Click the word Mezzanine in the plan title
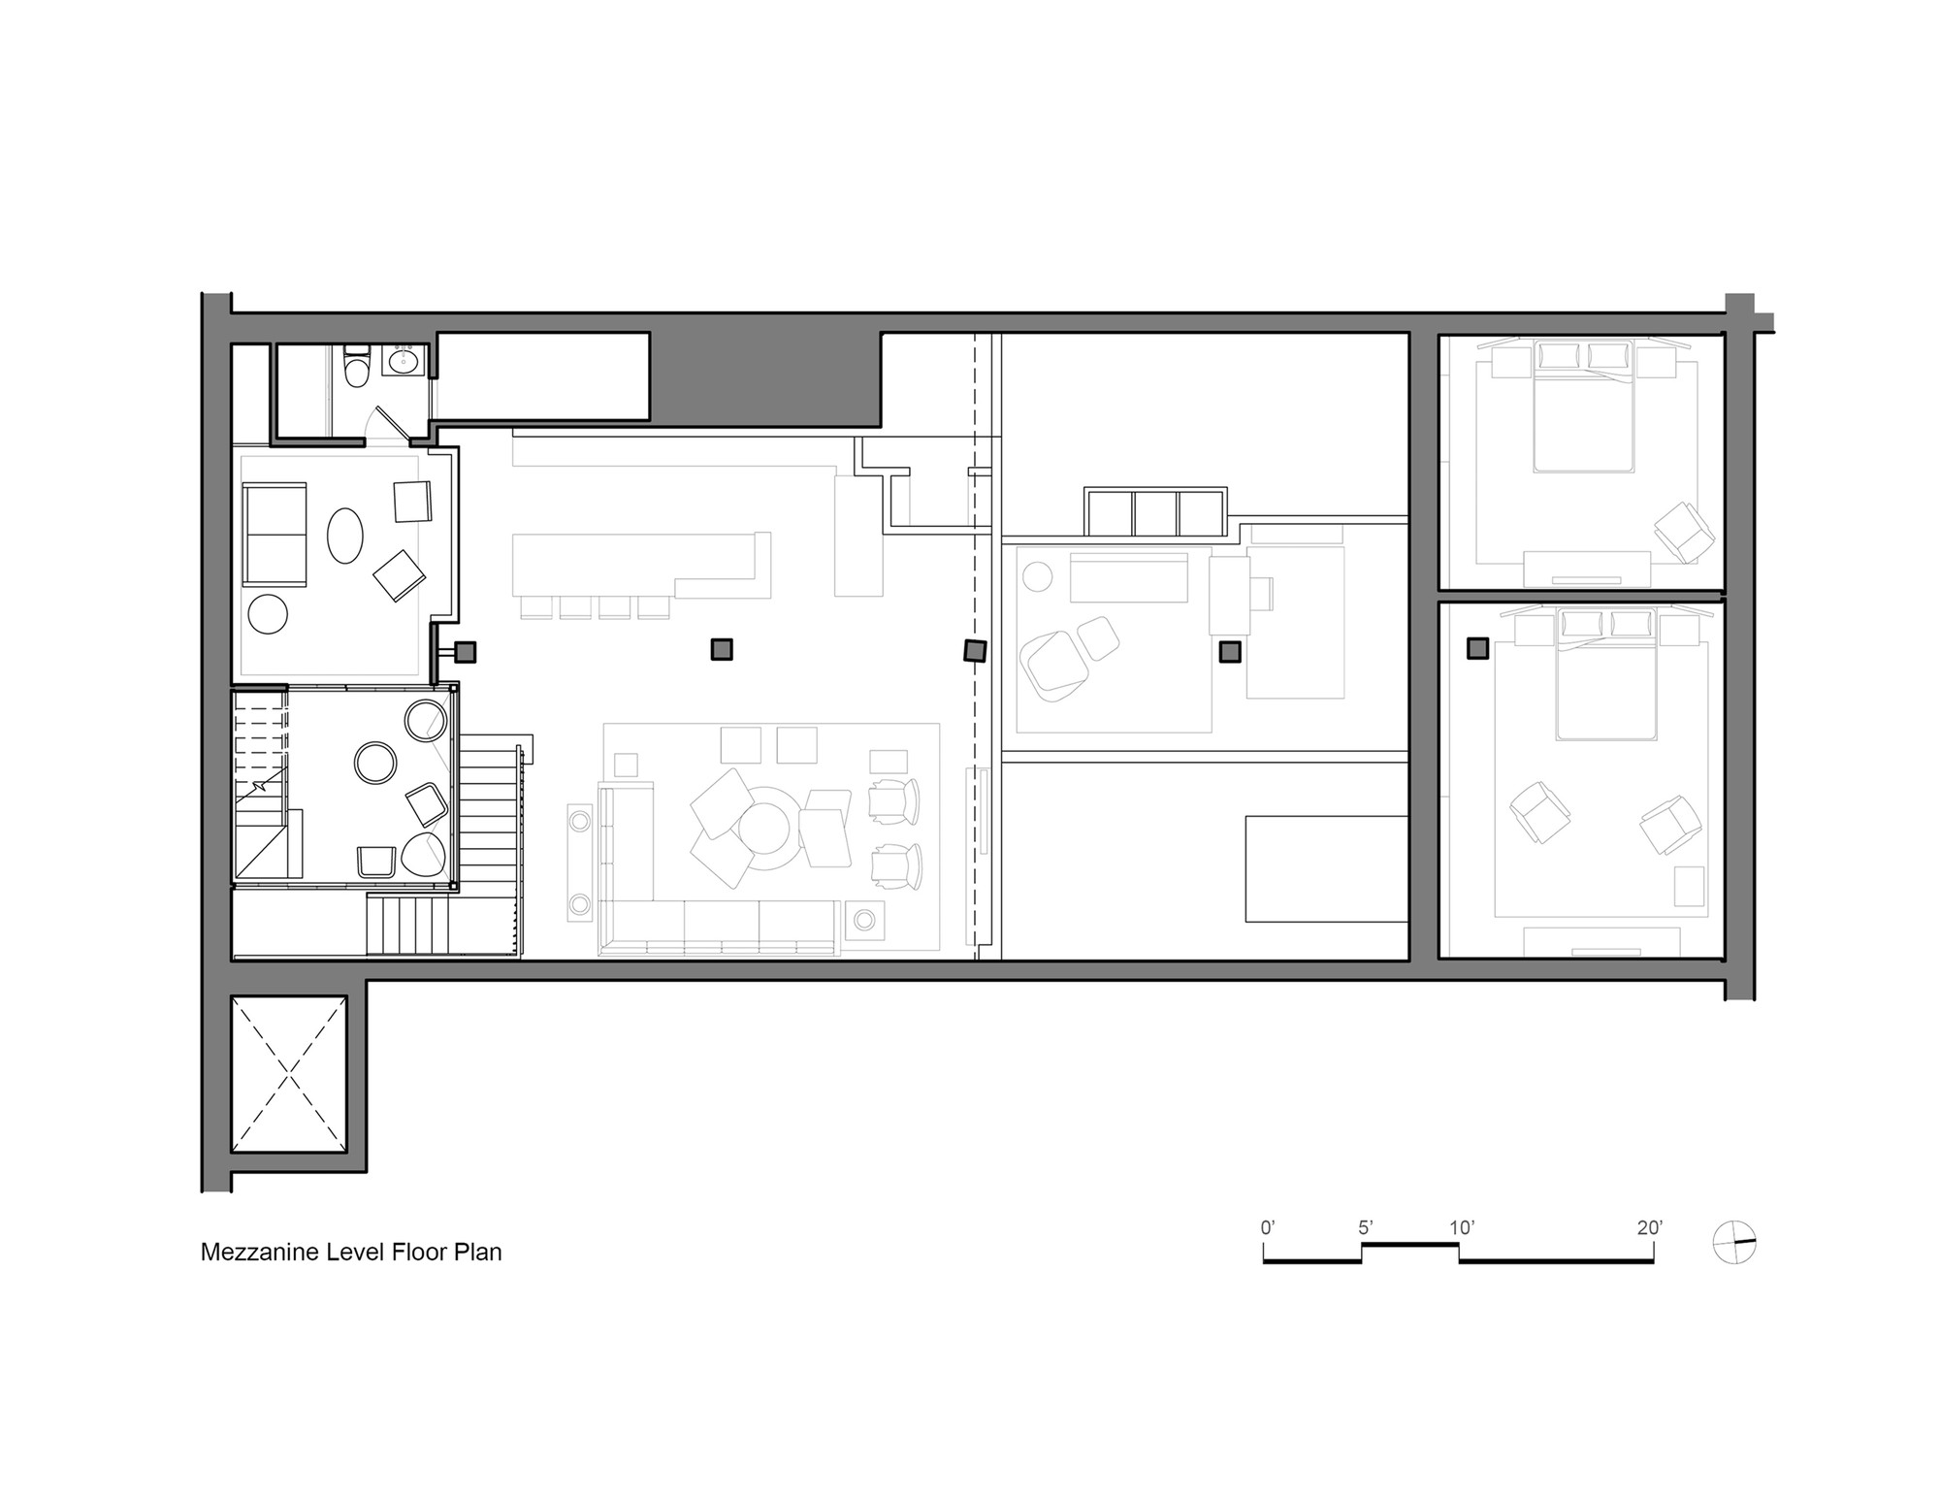click(x=252, y=1253)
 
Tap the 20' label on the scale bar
click(x=1650, y=1228)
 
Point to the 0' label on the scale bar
click(x=1268, y=1228)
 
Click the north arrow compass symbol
click(x=1735, y=1243)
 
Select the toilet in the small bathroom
click(x=358, y=368)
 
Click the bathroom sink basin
click(x=402, y=363)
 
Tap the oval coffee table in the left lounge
click(x=345, y=537)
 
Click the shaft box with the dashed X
click(x=289, y=1074)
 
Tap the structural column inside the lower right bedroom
click(x=1477, y=649)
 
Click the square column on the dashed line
click(x=975, y=650)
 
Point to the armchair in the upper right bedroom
click(x=1685, y=532)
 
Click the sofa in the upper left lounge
click(x=275, y=535)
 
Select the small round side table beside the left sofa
click(x=268, y=613)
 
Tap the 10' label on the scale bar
click(x=1462, y=1228)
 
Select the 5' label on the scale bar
click(x=1365, y=1228)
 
